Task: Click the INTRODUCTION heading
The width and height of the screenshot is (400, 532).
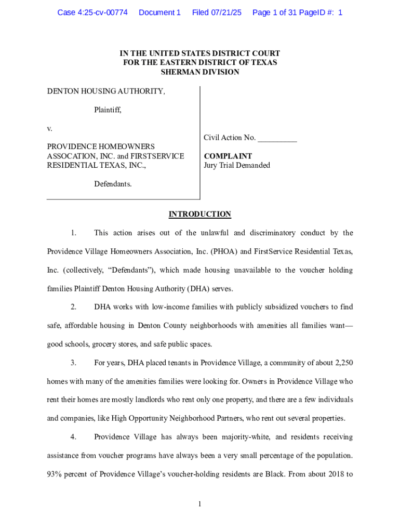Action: (200, 214)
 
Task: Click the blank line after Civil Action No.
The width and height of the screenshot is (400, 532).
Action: (277, 138)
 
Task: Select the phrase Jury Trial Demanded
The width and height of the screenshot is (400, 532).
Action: (237, 165)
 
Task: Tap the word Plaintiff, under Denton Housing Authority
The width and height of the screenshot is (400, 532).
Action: (108, 110)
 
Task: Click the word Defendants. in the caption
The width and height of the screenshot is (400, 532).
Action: (113, 184)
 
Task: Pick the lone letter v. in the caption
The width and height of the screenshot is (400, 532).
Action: (50, 128)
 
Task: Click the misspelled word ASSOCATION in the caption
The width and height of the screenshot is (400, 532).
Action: (69, 156)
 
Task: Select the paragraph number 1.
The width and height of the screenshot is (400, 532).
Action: (74, 233)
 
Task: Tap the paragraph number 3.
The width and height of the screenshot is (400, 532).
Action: (74, 362)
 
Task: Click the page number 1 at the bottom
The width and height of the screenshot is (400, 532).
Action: (200, 504)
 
